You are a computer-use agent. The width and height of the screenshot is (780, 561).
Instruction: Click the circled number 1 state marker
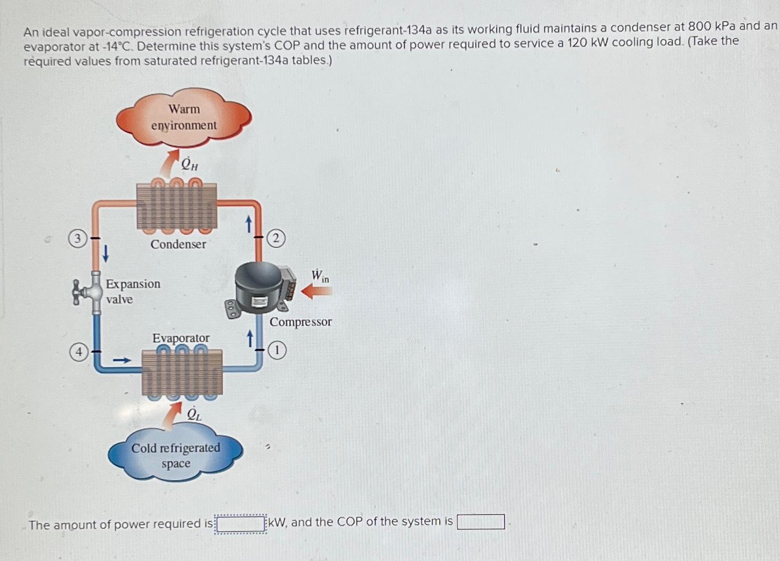pyautogui.click(x=277, y=350)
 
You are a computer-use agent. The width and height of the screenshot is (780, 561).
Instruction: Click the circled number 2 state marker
pyautogui.click(x=275, y=238)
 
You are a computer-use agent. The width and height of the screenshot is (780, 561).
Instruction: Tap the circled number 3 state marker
pyautogui.click(x=77, y=239)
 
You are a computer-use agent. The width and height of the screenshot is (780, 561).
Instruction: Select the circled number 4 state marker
pyautogui.click(x=78, y=352)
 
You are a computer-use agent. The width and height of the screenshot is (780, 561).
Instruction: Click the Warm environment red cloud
pyautogui.click(x=184, y=118)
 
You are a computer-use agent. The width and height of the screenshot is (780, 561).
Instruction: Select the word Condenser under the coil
pyautogui.click(x=178, y=244)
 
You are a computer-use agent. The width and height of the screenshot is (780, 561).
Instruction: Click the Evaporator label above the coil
pyautogui.click(x=181, y=337)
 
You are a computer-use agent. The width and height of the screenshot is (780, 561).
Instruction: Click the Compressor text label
pyautogui.click(x=300, y=322)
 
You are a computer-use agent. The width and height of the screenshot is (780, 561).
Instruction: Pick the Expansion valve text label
pyautogui.click(x=132, y=291)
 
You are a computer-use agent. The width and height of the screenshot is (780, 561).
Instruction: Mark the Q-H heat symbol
pyautogui.click(x=189, y=165)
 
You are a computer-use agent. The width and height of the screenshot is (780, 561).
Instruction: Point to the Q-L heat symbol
pyautogui.click(x=194, y=414)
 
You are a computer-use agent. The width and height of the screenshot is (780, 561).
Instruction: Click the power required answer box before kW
pyautogui.click(x=241, y=524)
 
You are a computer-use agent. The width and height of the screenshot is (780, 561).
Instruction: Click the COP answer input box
pyautogui.click(x=480, y=522)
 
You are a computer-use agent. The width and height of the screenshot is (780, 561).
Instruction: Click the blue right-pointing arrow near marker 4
pyautogui.click(x=122, y=361)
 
